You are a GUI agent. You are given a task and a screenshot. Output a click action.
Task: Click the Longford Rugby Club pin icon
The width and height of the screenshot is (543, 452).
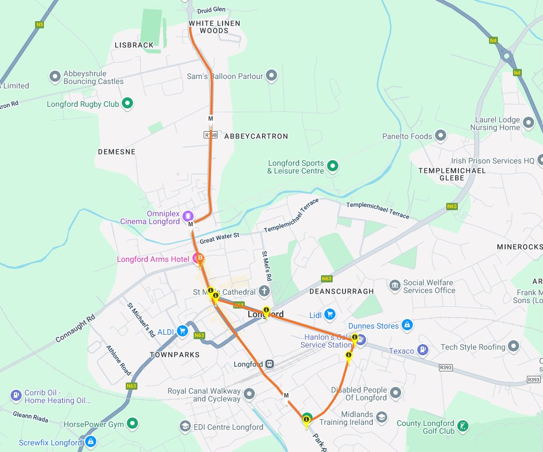[x=127, y=103]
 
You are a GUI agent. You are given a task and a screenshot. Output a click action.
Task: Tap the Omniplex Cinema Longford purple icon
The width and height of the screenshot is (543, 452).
[x=188, y=216]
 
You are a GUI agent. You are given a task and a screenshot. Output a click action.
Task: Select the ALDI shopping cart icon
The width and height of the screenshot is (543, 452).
[x=182, y=331]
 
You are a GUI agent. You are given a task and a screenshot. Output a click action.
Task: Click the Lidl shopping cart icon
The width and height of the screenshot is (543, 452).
[x=330, y=315]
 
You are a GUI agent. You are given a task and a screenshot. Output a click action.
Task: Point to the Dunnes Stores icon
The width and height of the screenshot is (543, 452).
[x=407, y=325]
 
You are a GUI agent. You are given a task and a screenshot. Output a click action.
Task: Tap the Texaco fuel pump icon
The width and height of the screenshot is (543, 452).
[x=423, y=350]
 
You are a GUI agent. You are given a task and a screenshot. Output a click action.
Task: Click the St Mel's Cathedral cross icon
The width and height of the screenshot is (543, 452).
[x=264, y=291]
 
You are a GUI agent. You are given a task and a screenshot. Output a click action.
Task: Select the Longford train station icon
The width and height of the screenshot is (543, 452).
[x=269, y=364]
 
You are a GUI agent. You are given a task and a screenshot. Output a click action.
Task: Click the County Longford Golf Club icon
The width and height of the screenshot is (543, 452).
[x=462, y=427]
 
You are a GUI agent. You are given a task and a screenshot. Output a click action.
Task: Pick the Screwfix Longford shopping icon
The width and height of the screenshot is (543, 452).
[x=90, y=443]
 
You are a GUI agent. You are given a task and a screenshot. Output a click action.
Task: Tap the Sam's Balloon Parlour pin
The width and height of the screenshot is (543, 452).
[x=271, y=76]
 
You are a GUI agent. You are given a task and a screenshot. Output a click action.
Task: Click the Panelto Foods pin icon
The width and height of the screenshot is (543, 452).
[x=441, y=136]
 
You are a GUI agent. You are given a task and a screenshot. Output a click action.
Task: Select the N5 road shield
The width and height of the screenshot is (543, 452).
[x=39, y=24]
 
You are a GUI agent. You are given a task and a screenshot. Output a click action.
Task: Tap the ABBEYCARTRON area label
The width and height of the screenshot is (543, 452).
[x=256, y=136]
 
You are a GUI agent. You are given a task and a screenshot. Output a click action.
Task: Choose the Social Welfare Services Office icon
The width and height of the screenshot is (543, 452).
[x=394, y=286]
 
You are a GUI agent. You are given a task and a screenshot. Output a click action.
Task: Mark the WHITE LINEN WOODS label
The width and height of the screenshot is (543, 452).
[x=209, y=27]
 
